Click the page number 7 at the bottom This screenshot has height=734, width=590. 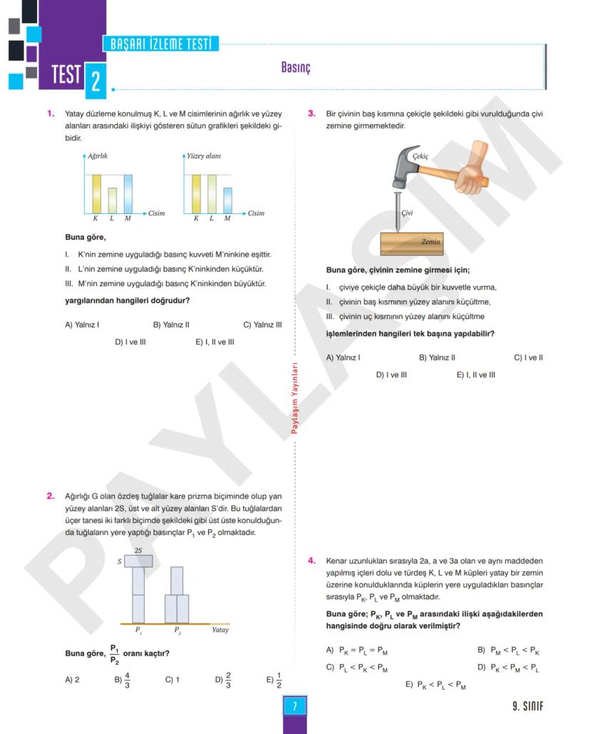pos(294,706)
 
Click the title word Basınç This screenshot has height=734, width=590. pos(296,68)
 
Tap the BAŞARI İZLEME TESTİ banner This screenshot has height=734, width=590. pos(161,44)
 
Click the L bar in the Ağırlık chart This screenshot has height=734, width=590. pos(112,200)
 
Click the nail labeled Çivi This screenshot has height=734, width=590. pos(397,210)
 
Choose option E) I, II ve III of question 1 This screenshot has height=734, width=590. pos(214,342)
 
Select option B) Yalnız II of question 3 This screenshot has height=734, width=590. pos(437,357)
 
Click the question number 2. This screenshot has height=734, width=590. pos(51,496)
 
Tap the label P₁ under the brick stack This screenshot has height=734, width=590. pos(138,630)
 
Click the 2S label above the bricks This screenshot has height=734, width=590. pos(138,550)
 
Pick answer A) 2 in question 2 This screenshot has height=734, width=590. pos(72,680)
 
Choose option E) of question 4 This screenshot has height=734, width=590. pos(435,685)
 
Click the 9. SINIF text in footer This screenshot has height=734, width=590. pos(527,707)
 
